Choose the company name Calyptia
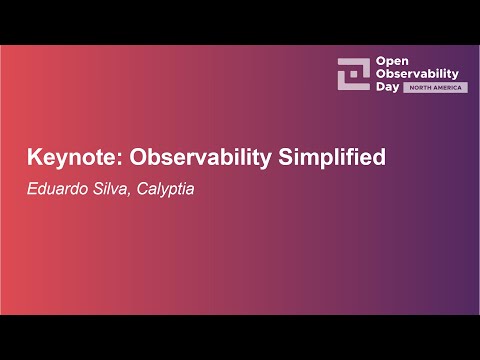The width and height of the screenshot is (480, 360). [160, 187]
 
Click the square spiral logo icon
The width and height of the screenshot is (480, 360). [353, 73]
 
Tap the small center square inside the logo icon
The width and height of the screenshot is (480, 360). [353, 74]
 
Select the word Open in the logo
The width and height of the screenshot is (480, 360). [390, 61]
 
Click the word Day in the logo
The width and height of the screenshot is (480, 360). [386, 87]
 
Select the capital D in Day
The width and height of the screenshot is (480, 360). [379, 87]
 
